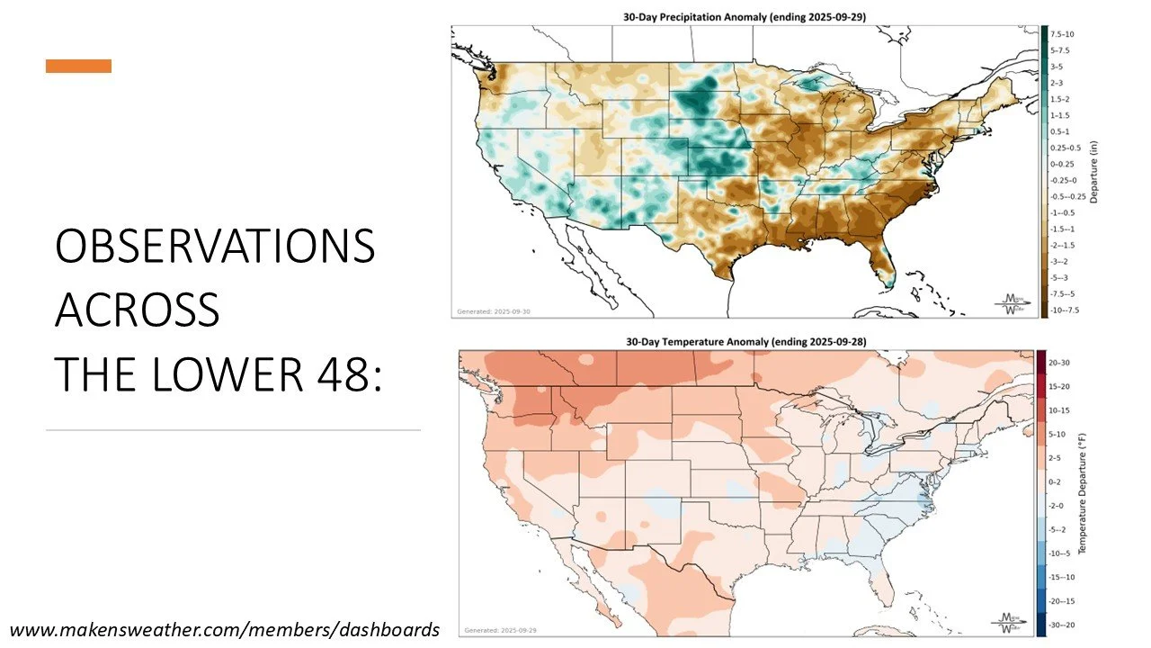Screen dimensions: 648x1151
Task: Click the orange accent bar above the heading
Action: (79, 66)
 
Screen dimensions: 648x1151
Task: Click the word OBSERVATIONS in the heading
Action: (215, 246)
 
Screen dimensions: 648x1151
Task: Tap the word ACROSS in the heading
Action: (137, 309)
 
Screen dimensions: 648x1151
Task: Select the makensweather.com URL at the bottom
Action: (225, 629)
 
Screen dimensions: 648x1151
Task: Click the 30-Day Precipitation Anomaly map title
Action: (745, 16)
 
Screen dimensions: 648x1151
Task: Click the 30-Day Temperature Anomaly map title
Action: (746, 341)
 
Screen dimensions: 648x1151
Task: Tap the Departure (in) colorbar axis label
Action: (1094, 172)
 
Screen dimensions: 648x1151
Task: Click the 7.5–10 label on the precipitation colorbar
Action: (1061, 33)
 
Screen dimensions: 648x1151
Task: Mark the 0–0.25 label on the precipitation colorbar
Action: (1062, 164)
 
